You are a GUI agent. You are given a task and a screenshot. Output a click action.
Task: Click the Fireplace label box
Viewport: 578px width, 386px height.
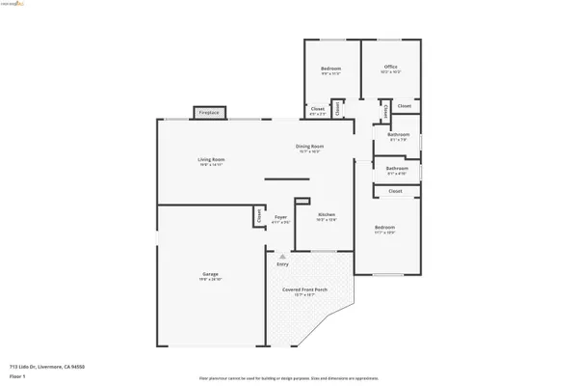click(209, 113)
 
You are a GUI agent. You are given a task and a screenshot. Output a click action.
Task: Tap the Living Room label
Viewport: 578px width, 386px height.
click(211, 160)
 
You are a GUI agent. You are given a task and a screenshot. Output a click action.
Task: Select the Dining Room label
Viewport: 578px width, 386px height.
click(309, 147)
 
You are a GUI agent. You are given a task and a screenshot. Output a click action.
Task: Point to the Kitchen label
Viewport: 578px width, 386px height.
click(327, 215)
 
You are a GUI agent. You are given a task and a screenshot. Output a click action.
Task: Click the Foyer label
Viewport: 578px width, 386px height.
click(280, 219)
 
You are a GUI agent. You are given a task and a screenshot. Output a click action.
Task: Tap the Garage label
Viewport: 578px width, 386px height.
click(210, 276)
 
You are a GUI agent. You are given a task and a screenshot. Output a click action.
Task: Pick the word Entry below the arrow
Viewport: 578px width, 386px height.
click(282, 263)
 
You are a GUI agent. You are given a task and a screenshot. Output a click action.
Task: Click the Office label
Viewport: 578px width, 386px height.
click(390, 68)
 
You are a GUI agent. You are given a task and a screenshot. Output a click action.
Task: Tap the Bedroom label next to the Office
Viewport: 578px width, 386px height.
click(331, 68)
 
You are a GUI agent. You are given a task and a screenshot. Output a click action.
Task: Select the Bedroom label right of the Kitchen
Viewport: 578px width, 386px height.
click(384, 230)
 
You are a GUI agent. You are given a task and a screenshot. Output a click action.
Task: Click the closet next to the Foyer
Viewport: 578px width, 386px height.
click(259, 216)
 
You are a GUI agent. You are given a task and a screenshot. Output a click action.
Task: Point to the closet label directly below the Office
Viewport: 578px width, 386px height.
click(404, 105)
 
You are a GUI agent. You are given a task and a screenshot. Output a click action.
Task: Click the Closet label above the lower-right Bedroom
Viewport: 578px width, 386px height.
click(395, 191)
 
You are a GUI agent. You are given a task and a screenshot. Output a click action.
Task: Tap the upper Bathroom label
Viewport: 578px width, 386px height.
click(399, 136)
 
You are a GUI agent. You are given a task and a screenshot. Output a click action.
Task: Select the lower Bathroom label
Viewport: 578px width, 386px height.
click(397, 170)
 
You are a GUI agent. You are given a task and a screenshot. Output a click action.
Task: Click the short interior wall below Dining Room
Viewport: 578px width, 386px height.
click(286, 179)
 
